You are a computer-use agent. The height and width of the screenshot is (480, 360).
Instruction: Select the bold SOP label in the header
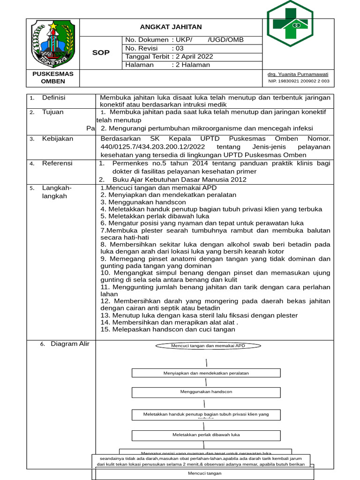101,52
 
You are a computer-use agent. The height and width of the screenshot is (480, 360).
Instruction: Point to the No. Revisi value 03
180,48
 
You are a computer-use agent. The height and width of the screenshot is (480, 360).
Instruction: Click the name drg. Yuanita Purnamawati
298,74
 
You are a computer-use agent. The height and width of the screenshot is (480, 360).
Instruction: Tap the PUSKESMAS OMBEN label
53,78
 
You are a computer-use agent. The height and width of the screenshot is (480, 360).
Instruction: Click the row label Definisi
53,97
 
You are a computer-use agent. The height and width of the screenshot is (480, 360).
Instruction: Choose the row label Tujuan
52,112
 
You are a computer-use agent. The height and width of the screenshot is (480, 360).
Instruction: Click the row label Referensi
57,163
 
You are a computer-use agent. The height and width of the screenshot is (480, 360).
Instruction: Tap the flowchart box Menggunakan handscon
206,391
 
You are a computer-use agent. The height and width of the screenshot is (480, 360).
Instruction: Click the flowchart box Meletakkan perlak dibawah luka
206,435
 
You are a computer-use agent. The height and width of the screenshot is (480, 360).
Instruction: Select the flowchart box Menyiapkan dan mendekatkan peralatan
206,373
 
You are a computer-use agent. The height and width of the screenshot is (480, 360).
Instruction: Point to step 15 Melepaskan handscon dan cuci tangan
168,330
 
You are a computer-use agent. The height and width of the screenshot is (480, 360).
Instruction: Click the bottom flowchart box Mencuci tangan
205,473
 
